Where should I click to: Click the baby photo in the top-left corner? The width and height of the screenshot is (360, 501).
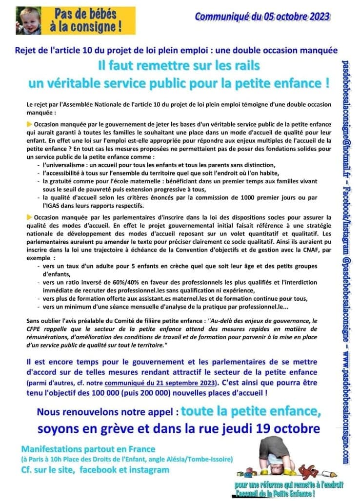pyautogui.click(x=28, y=20)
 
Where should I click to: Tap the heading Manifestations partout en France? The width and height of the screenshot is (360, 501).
pyautogui.click(x=88, y=449)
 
